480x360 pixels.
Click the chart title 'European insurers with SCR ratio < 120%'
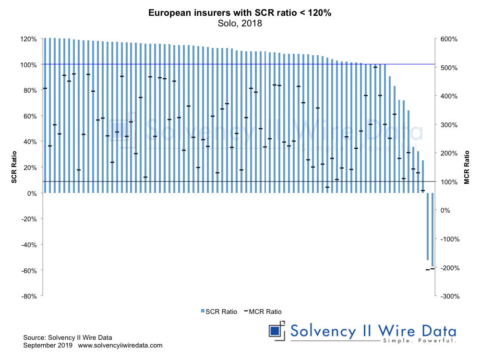pos(240,13)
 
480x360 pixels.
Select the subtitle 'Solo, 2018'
pos(240,23)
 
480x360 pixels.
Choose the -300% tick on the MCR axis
pos(450,296)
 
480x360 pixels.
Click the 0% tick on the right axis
pos(445,210)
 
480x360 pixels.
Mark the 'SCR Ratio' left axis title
pos(15,168)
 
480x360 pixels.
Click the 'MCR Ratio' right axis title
pos(466,168)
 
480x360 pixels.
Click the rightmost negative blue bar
pos(432,229)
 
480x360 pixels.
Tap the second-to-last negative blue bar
pos(428,226)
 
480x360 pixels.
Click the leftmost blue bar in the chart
pos(45,115)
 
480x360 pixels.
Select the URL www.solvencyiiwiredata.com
pos(120,345)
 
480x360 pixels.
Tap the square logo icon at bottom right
pos(275,331)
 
